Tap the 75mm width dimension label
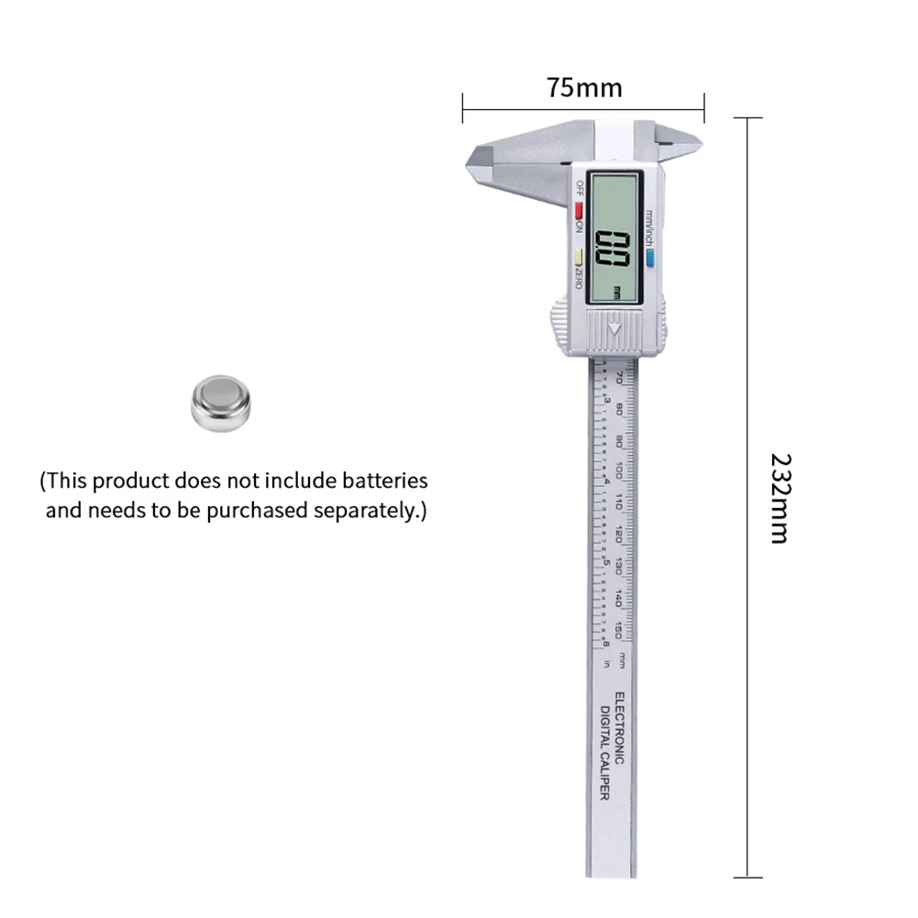[584, 88]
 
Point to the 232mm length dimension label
[780, 498]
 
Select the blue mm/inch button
[649, 260]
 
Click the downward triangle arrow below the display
[614, 327]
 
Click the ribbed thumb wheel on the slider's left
[560, 326]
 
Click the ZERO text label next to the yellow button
[578, 278]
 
